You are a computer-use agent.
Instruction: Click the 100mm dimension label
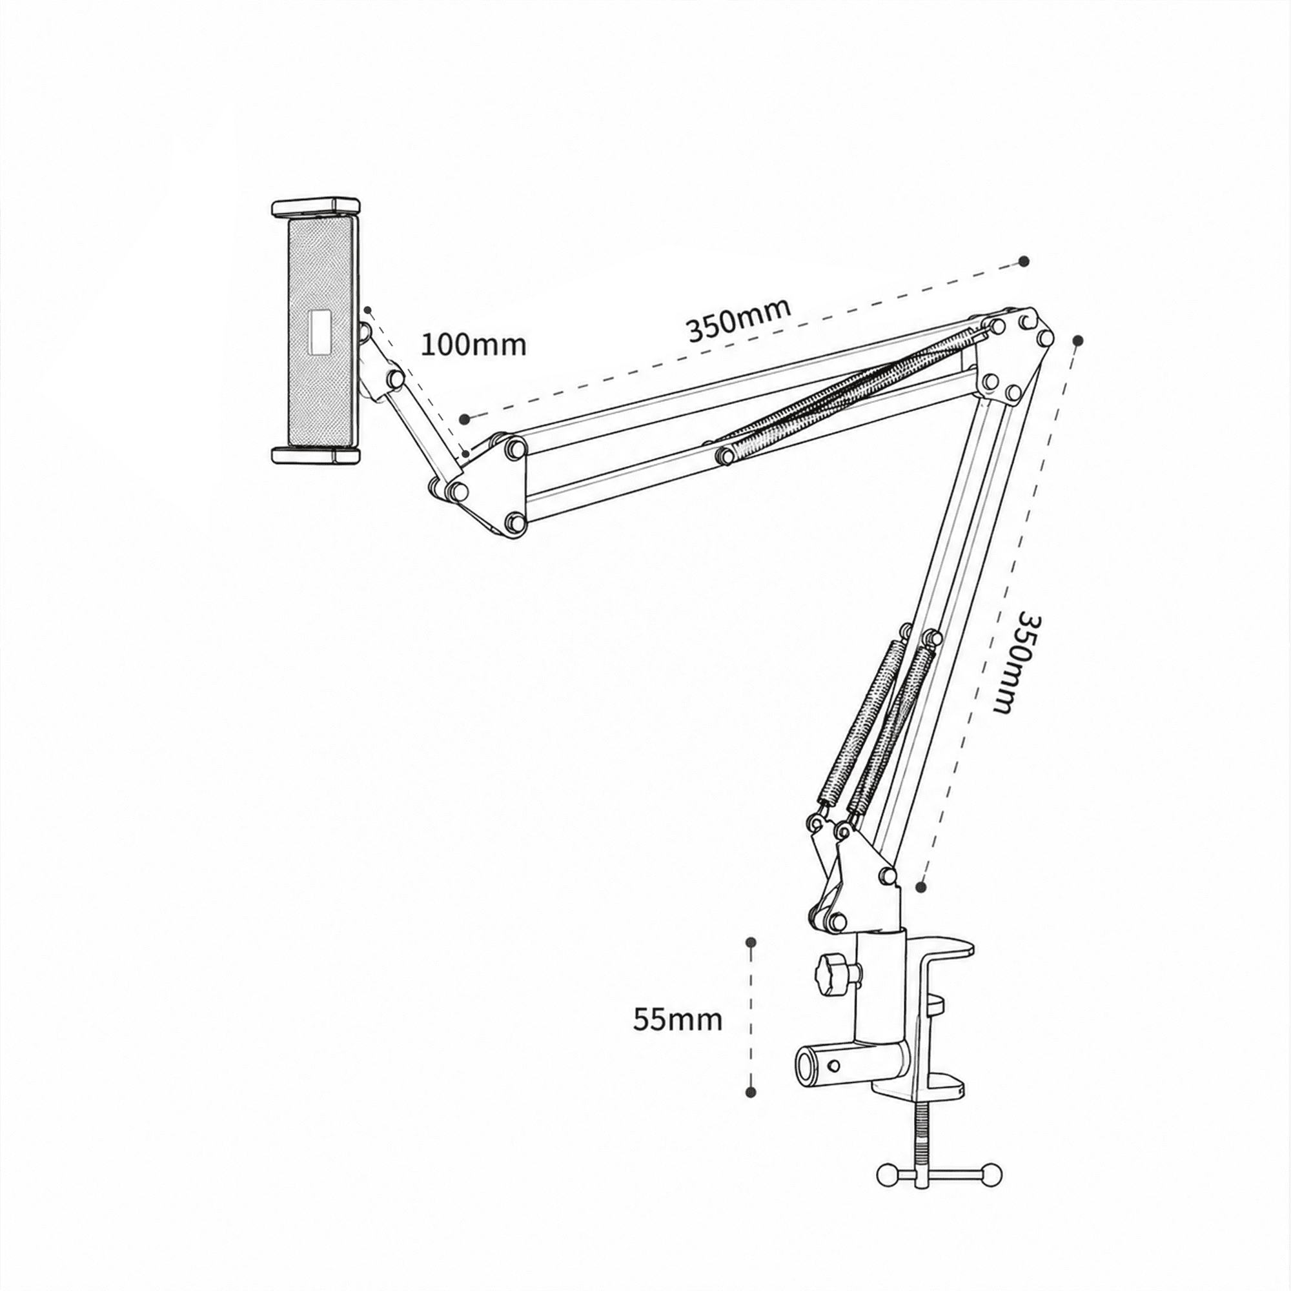coord(473,345)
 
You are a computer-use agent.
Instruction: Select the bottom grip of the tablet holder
coord(316,456)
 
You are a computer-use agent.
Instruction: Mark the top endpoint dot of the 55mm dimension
coord(751,942)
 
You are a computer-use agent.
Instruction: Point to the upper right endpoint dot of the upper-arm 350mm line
coord(1024,261)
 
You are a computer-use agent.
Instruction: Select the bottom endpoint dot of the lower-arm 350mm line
coord(922,887)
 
